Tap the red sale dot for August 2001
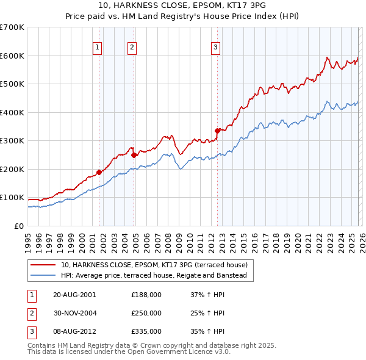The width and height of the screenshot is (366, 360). pyautogui.click(x=99, y=172)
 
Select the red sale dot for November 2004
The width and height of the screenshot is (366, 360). pyautogui.click(x=134, y=155)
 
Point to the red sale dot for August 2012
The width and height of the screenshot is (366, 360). pyautogui.click(x=217, y=131)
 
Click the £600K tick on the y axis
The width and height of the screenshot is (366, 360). pyautogui.click(x=12, y=56)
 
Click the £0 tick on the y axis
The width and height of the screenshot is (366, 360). pyautogui.click(x=18, y=226)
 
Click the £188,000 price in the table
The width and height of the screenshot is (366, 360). pyautogui.click(x=146, y=295)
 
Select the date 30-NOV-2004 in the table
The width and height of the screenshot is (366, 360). pyautogui.click(x=74, y=313)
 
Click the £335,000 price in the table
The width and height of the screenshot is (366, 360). pyautogui.click(x=146, y=331)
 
